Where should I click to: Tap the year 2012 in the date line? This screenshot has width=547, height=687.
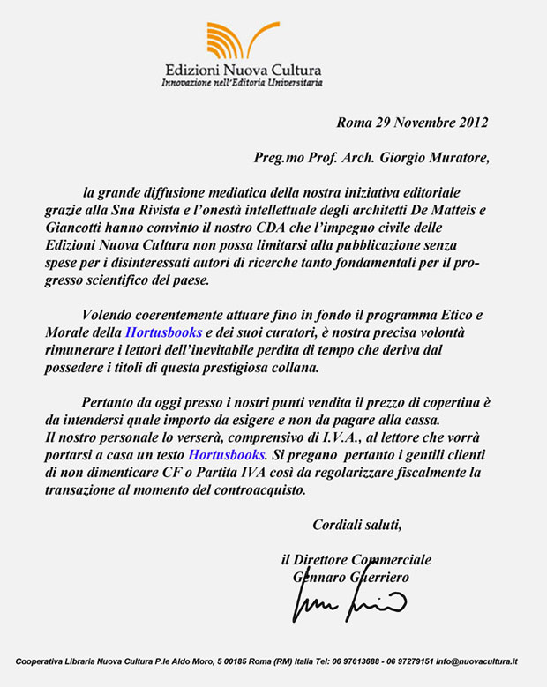point(469,123)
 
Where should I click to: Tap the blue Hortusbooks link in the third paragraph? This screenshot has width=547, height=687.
point(226,455)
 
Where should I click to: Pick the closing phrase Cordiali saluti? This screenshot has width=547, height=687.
point(357,525)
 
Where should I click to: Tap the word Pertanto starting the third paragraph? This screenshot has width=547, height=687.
point(112,403)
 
